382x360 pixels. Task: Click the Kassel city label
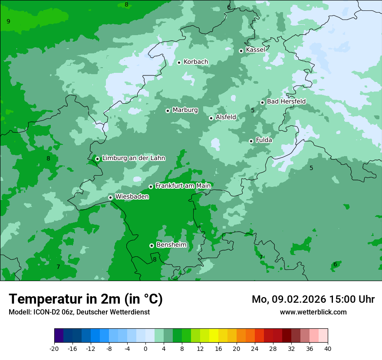[255, 50]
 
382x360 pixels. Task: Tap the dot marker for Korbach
[179, 62]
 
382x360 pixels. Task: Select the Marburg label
[185, 110]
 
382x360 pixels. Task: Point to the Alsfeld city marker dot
[211, 118]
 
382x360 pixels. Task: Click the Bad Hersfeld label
[286, 101]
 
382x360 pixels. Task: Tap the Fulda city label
[264, 140]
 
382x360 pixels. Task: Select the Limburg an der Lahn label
[134, 158]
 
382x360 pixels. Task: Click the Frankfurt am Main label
[183, 186]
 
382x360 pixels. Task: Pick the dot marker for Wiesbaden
[110, 197]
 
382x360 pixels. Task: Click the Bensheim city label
[171, 245]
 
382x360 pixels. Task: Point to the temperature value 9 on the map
[8, 21]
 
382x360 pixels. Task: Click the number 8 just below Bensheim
[155, 260]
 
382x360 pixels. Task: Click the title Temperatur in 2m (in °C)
[86, 299]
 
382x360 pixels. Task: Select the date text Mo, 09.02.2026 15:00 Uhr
[313, 299]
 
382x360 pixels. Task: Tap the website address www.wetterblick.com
[313, 312]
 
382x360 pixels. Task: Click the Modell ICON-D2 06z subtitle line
[79, 312]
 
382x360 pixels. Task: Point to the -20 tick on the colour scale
[54, 349]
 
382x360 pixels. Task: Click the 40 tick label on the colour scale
[327, 349]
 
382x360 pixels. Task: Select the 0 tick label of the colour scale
[145, 349]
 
